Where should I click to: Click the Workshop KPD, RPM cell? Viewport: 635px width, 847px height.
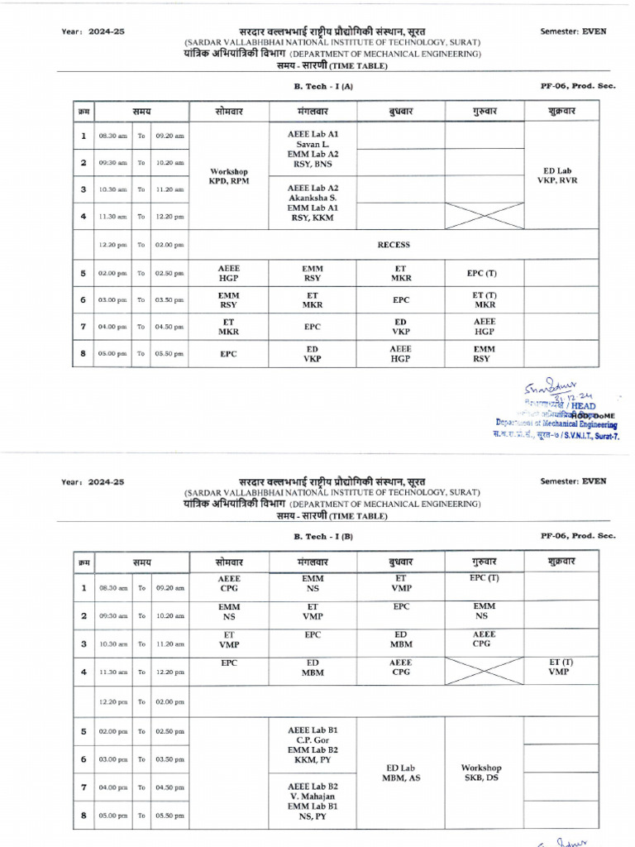[x=230, y=177]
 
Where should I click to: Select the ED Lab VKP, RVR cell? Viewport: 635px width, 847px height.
[x=562, y=175]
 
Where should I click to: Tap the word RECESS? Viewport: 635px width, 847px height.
[x=394, y=245]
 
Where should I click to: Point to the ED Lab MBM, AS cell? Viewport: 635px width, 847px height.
[x=401, y=773]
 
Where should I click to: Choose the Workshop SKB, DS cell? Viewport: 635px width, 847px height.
[x=482, y=773]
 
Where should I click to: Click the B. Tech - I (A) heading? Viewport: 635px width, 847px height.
[x=324, y=85]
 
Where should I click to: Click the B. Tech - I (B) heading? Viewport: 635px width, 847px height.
[x=324, y=536]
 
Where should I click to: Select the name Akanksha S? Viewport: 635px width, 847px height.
[x=313, y=199]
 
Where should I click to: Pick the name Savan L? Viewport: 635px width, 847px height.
[x=313, y=144]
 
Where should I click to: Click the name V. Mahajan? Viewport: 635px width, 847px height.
[x=313, y=796]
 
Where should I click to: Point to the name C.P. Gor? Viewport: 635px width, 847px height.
[x=313, y=740]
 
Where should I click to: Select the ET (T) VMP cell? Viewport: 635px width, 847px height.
[x=560, y=668]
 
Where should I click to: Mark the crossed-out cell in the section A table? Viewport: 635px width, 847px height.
[x=484, y=217]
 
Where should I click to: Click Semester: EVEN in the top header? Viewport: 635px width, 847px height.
[x=573, y=31]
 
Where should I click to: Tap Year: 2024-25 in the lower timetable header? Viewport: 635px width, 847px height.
[x=93, y=481]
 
